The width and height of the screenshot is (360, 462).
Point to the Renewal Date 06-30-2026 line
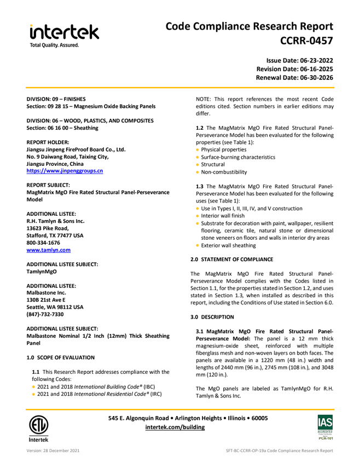click(294, 78)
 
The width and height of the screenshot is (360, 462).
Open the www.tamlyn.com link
click(49, 250)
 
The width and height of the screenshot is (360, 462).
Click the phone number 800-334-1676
click(43, 242)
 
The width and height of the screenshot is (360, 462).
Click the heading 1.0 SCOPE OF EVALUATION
click(61, 357)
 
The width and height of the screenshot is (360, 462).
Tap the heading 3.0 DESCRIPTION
click(212, 317)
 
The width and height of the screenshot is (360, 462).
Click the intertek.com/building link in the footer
click(175, 427)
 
